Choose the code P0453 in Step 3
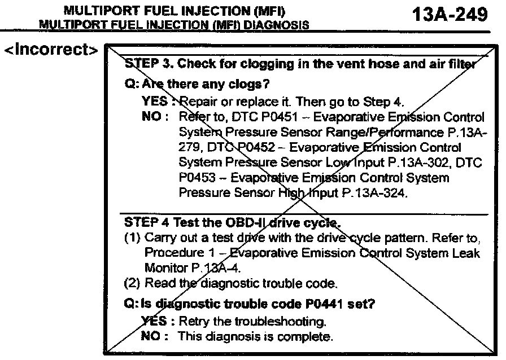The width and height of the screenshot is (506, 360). [196, 178]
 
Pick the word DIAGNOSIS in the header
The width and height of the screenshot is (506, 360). [282, 25]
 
